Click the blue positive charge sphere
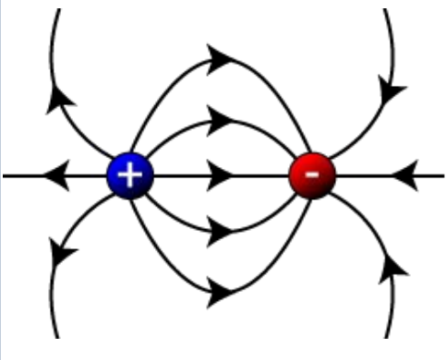[x=130, y=174]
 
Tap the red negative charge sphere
[x=311, y=174]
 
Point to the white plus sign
[x=130, y=174]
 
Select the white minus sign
[x=312, y=174]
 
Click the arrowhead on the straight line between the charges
[x=220, y=174]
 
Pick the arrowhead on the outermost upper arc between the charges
[x=221, y=60]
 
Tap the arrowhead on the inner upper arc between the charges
[x=220, y=118]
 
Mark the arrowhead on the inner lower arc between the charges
[x=220, y=231]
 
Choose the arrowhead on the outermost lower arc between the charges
[x=221, y=293]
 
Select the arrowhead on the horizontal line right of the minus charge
[x=407, y=174]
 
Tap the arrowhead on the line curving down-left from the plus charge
[x=61, y=251]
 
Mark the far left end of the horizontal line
[x=4, y=174]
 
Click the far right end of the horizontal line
[x=441, y=174]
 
